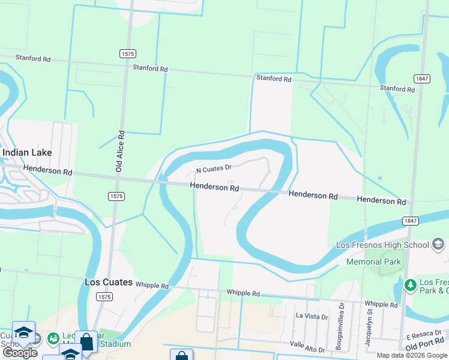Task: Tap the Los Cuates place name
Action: tap(108, 282)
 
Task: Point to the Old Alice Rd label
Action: tap(121, 152)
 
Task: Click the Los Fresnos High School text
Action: tap(382, 245)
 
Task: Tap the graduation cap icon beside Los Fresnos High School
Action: tap(438, 244)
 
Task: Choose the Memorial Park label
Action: tap(372, 262)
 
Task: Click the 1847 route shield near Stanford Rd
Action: tap(421, 79)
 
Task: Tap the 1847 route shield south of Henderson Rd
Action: tap(411, 221)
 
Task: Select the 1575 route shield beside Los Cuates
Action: tap(105, 296)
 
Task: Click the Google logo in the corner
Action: tap(20, 353)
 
